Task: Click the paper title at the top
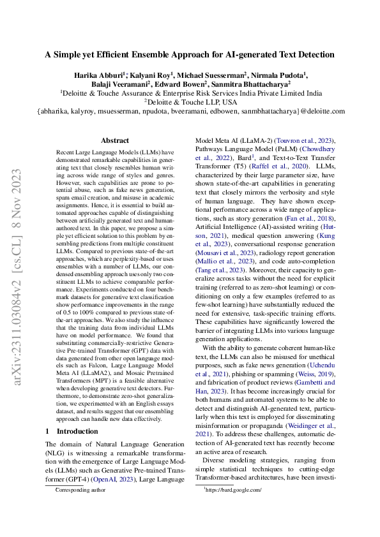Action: [x=190, y=55]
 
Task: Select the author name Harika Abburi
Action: [x=100, y=75]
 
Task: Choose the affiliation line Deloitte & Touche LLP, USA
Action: [x=190, y=101]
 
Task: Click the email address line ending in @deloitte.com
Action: [x=190, y=110]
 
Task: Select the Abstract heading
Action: [x=115, y=140]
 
